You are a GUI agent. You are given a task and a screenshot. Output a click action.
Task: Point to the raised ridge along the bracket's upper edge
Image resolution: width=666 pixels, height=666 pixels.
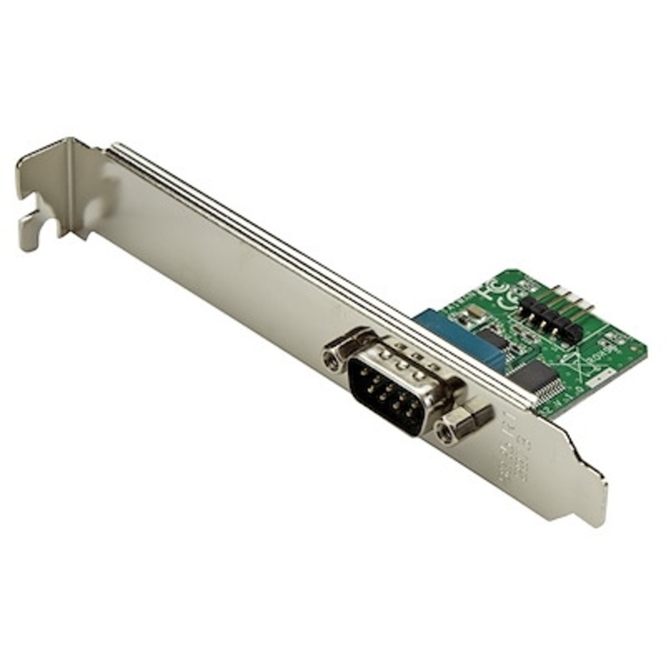[317, 254]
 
